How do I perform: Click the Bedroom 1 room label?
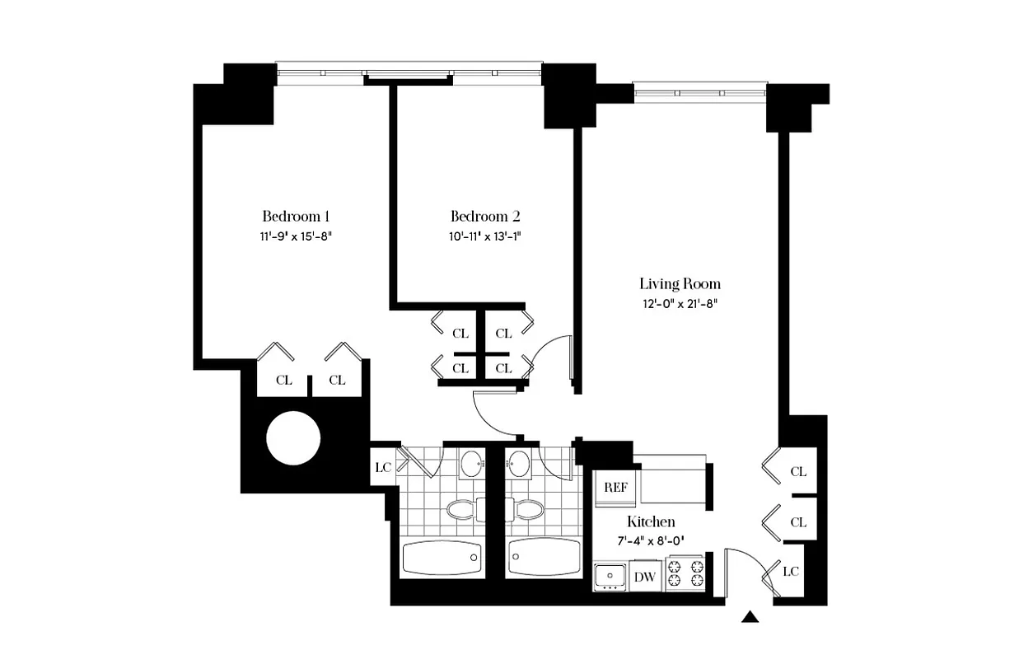[x=296, y=217]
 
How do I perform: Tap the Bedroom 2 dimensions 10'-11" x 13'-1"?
[x=485, y=236]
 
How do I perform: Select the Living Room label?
[x=680, y=284]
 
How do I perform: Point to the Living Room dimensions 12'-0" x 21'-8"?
[x=680, y=303]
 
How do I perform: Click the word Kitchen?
[x=651, y=521]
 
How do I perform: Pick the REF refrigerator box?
[x=615, y=488]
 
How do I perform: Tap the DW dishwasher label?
[x=645, y=577]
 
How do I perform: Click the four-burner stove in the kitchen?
[x=685, y=573]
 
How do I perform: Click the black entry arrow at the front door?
[x=750, y=616]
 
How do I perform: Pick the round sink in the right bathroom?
[x=519, y=464]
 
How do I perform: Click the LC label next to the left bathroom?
[x=382, y=468]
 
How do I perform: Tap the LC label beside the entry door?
[x=789, y=571]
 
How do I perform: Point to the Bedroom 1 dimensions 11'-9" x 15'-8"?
[x=296, y=236]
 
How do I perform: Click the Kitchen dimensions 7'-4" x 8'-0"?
[x=651, y=541]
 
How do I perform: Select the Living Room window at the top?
[x=700, y=90]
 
